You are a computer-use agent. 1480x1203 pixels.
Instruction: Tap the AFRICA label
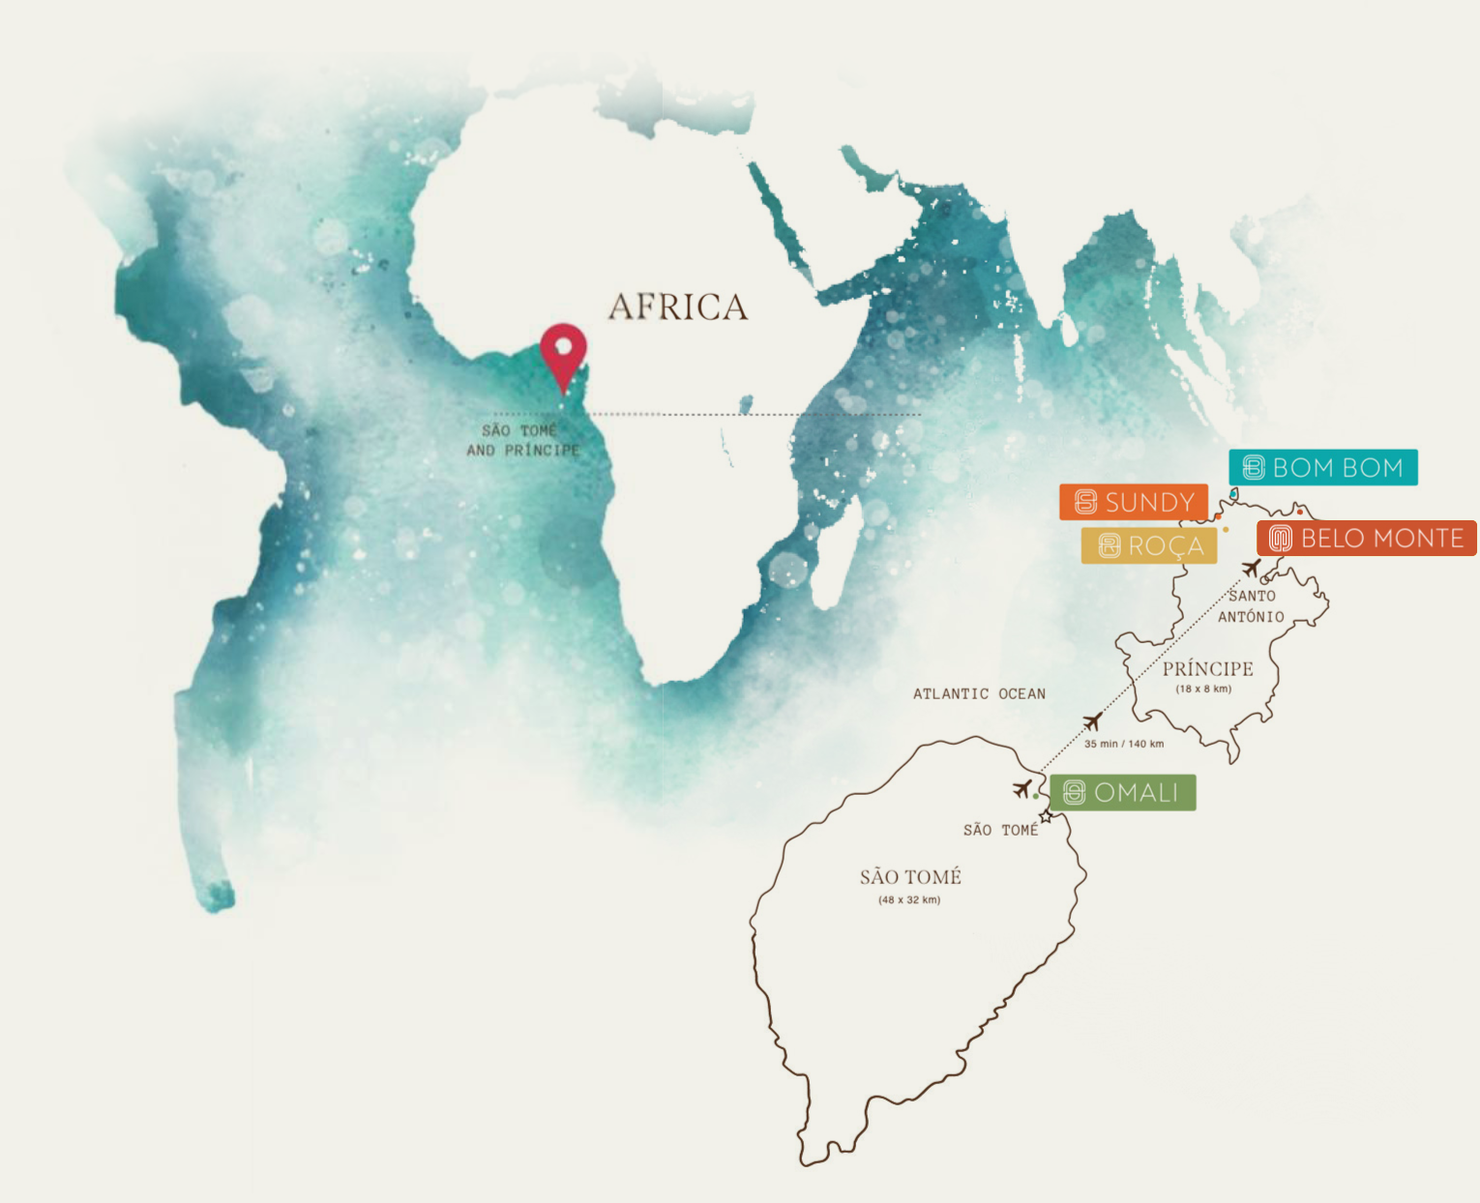(678, 308)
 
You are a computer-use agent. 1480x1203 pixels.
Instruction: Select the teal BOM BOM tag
(1322, 468)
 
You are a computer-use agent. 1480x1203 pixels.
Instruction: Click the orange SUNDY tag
(1134, 502)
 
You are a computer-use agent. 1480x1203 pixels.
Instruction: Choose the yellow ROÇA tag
(1149, 546)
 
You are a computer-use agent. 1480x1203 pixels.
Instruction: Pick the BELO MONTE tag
(1366, 539)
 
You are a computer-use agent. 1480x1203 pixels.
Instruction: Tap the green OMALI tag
(1122, 793)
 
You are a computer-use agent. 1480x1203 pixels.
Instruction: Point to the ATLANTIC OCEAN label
(979, 693)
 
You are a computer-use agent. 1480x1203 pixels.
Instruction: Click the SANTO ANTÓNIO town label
(1251, 606)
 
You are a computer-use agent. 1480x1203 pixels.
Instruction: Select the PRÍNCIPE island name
(1207, 669)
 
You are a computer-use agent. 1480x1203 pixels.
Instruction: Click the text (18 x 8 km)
(1203, 690)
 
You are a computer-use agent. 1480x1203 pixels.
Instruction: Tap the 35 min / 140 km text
(1124, 744)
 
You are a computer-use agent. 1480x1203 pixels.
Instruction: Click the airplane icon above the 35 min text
(1093, 721)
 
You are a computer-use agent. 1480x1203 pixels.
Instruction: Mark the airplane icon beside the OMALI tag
(1021, 789)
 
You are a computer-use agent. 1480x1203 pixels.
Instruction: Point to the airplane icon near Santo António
(1251, 568)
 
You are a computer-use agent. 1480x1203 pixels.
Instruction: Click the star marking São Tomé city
(1046, 817)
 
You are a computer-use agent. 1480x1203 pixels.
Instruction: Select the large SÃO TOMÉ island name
(910, 877)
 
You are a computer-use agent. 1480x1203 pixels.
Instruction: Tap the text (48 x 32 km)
(909, 900)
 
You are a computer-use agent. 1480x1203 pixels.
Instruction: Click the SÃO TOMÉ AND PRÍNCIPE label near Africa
(522, 440)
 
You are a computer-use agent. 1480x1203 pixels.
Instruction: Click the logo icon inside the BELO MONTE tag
(1280, 539)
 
